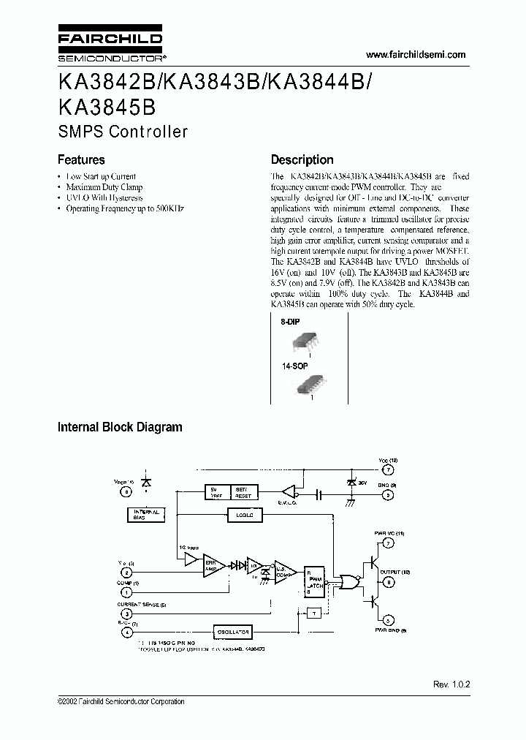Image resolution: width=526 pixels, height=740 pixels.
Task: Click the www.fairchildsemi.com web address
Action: tap(414, 56)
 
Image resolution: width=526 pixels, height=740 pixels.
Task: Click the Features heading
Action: tap(81, 160)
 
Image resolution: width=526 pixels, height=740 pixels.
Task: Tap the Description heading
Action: tap(302, 160)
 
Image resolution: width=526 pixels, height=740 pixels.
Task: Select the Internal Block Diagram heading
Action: tap(120, 427)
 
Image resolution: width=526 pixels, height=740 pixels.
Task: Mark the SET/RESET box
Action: tap(241, 492)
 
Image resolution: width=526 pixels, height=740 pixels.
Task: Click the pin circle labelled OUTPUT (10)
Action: tap(389, 582)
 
